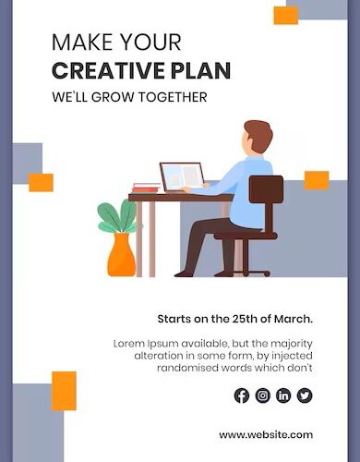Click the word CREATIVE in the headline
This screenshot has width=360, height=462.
[110, 71]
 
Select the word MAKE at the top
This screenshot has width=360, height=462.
[81, 43]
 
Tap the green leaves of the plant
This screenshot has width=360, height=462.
[117, 216]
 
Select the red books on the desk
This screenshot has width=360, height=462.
[146, 188]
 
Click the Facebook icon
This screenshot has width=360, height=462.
[242, 395]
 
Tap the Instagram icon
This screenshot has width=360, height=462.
[263, 395]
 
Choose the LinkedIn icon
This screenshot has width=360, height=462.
[283, 395]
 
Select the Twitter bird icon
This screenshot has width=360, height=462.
[305, 395]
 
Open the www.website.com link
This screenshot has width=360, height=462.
[266, 434]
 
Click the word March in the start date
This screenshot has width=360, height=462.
[294, 319]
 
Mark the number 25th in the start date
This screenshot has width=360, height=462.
[247, 319]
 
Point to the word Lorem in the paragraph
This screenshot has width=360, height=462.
[130, 343]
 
